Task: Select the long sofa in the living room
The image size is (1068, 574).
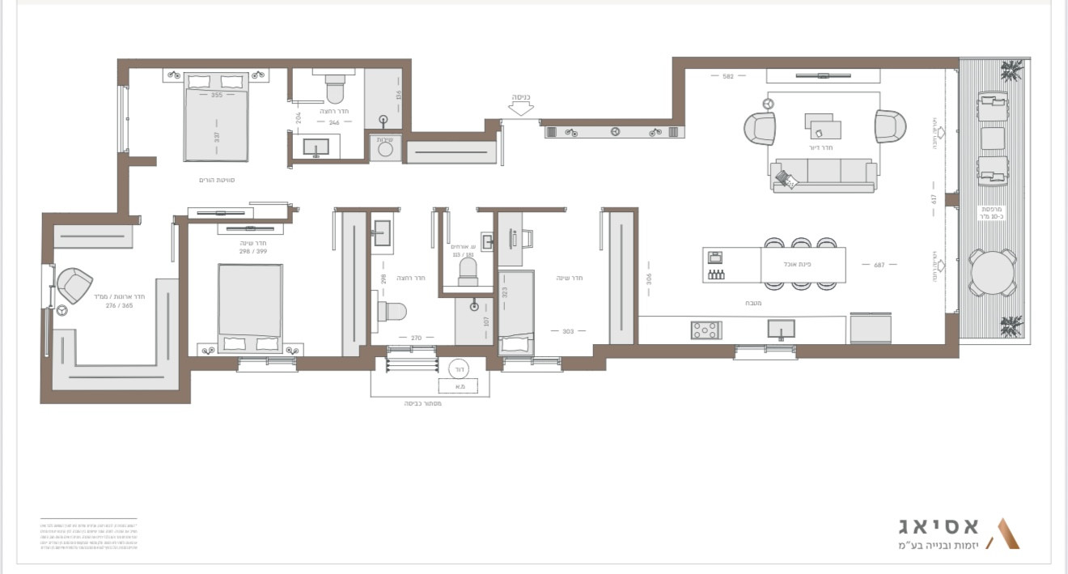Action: click(x=824, y=173)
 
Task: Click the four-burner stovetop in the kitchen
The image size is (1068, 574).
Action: click(x=706, y=330)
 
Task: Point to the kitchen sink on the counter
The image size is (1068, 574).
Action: click(x=781, y=329)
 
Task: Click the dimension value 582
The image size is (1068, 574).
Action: click(x=727, y=76)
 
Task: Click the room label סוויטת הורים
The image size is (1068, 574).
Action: click(x=216, y=180)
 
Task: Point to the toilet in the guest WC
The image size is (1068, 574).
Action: click(x=468, y=271)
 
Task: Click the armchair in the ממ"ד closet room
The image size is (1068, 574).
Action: click(x=74, y=285)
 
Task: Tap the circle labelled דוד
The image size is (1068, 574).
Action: click(x=457, y=368)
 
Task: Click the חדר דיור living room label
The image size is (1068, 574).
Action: click(x=820, y=147)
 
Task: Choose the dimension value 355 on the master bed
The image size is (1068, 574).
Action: click(x=216, y=96)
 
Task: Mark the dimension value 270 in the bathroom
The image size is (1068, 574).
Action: click(x=416, y=338)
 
